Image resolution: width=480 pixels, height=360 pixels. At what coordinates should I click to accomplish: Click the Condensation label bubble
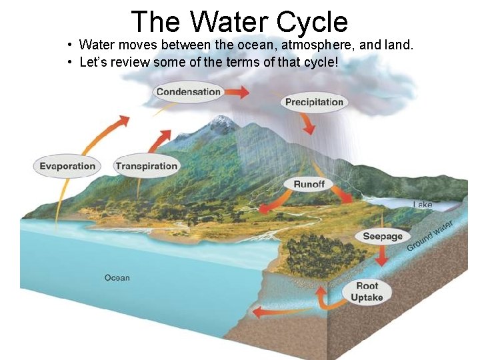188,92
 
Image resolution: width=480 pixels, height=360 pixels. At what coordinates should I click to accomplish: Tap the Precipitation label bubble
314,102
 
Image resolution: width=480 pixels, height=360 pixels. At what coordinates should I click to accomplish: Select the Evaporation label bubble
67,166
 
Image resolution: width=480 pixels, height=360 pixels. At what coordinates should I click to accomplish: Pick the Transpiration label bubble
146,166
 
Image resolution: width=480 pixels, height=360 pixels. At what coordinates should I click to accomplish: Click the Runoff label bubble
309,184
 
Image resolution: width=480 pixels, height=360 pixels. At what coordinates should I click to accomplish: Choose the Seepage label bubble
383,236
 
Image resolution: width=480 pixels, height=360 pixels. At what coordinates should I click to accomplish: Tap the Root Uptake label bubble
367,291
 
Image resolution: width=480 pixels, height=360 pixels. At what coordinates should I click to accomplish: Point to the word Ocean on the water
117,277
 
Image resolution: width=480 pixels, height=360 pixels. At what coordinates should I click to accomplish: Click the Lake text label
423,205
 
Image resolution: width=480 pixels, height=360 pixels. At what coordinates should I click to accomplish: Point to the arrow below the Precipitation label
308,124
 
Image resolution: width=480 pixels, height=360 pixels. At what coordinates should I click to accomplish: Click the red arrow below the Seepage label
382,257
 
